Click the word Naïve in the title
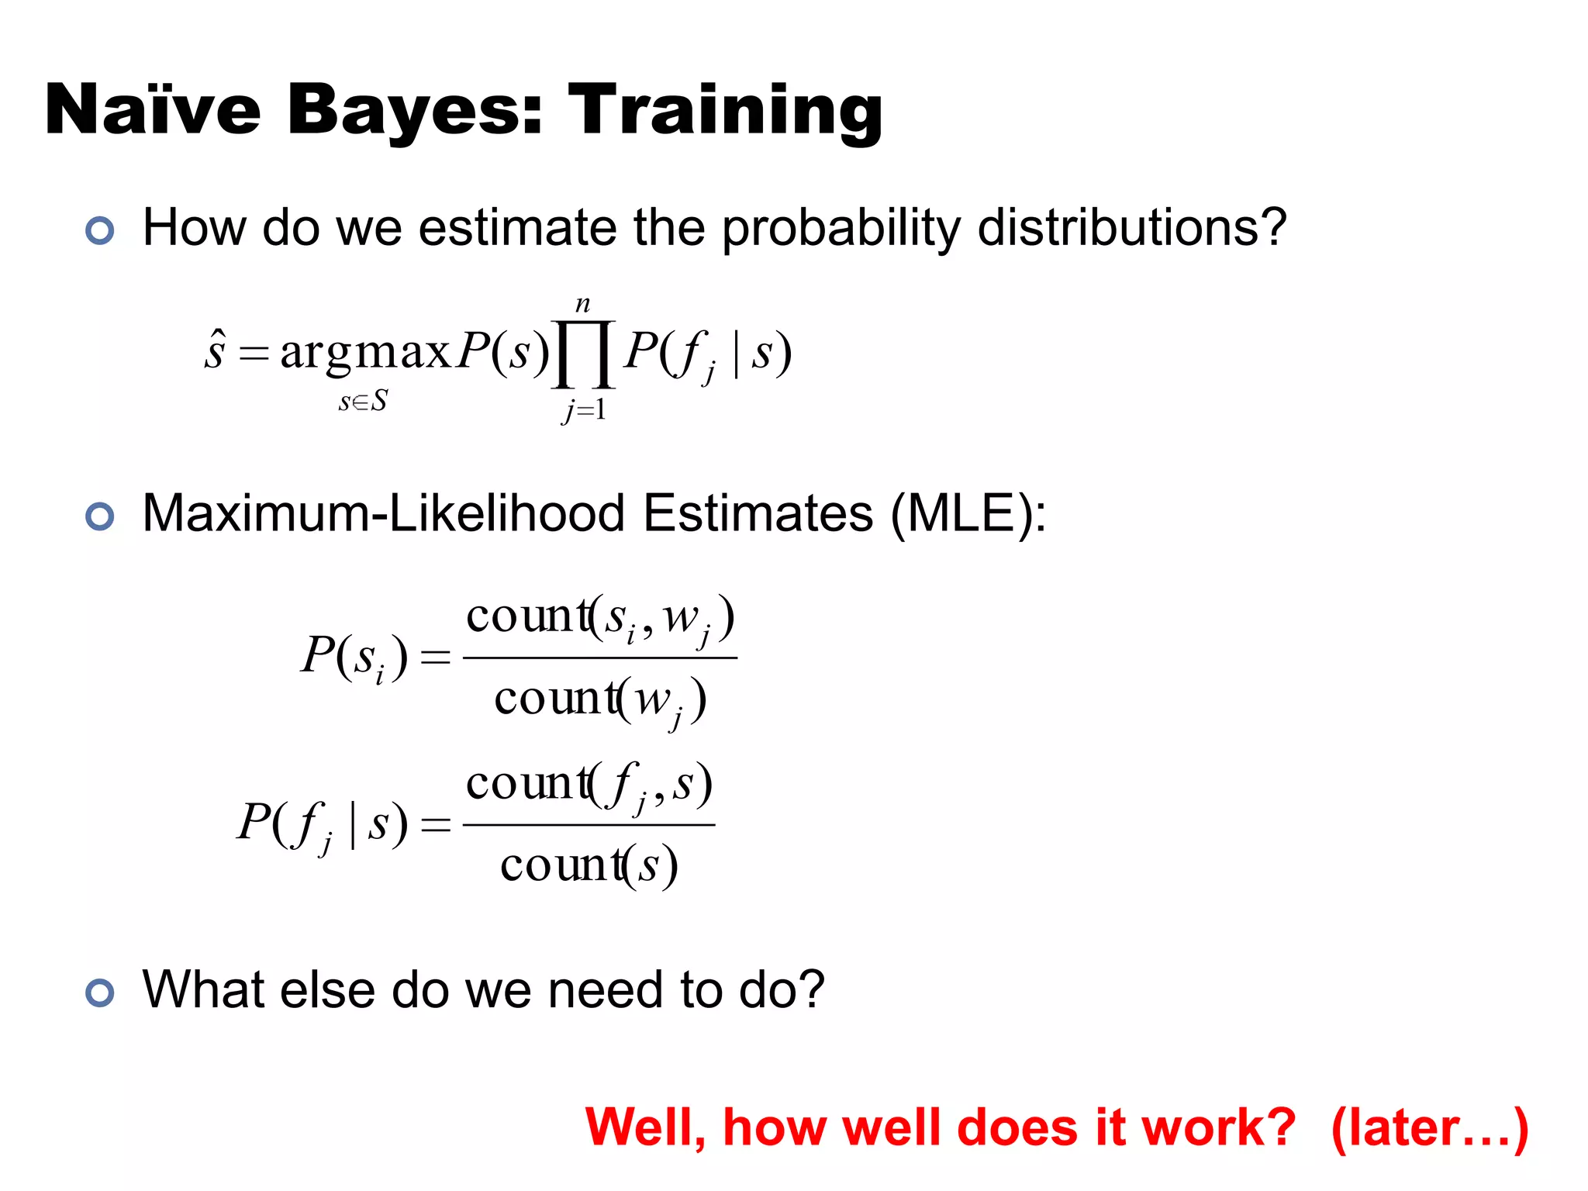point(152,111)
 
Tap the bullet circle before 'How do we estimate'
point(100,230)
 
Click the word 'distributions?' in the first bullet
point(1131,228)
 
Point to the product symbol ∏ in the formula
point(583,354)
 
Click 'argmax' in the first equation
point(364,352)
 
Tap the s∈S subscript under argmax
point(363,402)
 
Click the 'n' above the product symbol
point(583,304)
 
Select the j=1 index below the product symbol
point(584,409)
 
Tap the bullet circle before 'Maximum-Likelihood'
point(100,516)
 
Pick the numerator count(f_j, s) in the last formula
point(589,785)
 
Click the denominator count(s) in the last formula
point(589,866)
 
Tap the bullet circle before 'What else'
point(100,992)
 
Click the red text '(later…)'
point(1429,1127)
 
